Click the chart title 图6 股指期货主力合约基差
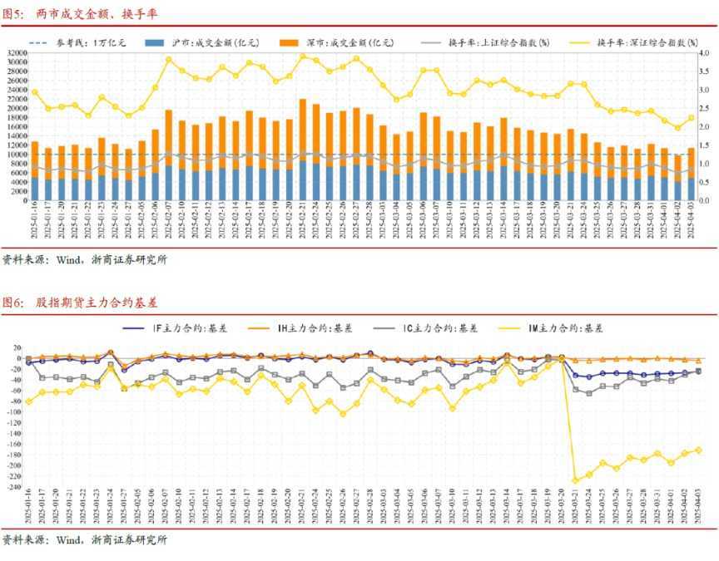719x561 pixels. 80,302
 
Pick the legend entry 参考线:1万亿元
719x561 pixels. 79,42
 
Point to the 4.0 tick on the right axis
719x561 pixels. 703,52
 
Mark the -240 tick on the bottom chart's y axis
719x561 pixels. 12,487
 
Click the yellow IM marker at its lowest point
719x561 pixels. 575,480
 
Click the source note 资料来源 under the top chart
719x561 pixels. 84,259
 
